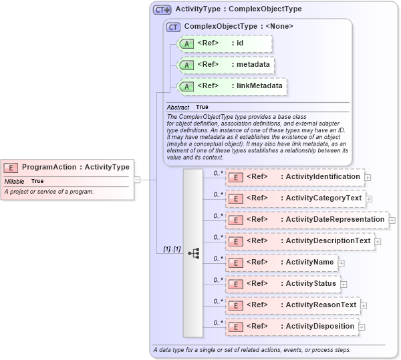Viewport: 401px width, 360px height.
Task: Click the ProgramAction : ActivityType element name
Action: click(x=76, y=167)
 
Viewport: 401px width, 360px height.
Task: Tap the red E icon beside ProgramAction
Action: click(x=11, y=167)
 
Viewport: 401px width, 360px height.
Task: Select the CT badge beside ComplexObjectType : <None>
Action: click(x=174, y=27)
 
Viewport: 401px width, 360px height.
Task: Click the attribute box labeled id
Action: click(x=225, y=44)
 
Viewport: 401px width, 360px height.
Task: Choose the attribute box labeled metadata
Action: click(x=225, y=65)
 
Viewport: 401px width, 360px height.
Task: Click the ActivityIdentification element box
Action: click(x=294, y=177)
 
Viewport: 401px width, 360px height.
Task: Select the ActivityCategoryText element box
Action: click(x=295, y=198)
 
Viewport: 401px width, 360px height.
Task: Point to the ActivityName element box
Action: click(x=281, y=262)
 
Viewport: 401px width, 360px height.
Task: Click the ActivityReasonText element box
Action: click(x=292, y=305)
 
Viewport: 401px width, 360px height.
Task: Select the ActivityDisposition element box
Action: click(x=292, y=327)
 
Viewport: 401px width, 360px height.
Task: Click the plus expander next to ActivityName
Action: click(x=342, y=263)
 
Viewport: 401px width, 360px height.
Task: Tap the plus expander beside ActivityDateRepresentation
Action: click(x=392, y=220)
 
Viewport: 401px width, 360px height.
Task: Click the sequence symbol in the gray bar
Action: click(x=194, y=253)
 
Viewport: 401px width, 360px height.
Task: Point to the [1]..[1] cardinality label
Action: click(x=172, y=249)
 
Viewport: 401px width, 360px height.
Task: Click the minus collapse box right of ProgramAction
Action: click(x=137, y=179)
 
